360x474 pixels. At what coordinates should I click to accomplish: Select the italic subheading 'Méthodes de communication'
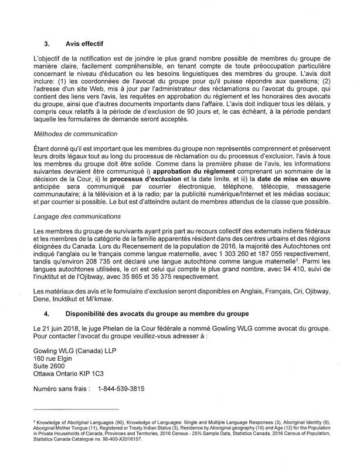(x=75, y=134)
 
